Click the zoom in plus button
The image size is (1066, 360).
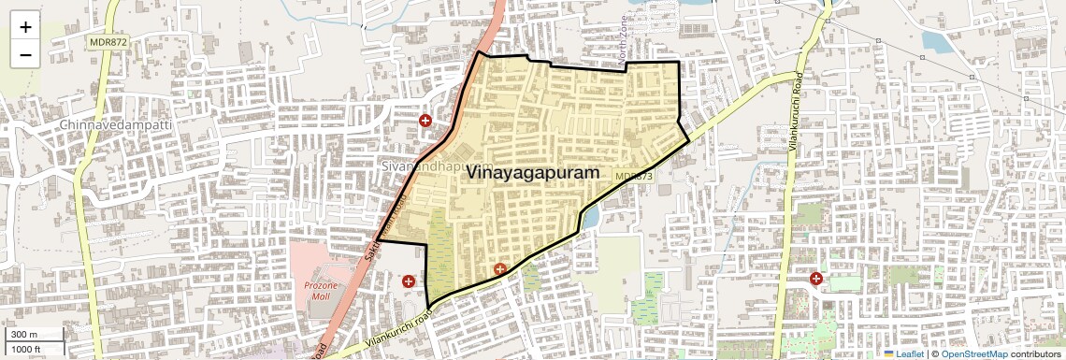(x=25, y=26)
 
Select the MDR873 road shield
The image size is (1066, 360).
(x=633, y=176)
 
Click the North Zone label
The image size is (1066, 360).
(x=625, y=42)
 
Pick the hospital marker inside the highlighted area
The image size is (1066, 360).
(x=500, y=269)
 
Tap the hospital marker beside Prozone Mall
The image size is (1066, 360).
(x=408, y=281)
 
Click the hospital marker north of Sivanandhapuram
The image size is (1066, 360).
(x=425, y=121)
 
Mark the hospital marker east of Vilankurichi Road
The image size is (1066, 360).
(x=816, y=279)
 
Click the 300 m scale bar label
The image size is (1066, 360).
(x=23, y=335)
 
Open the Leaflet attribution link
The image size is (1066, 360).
(x=903, y=354)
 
